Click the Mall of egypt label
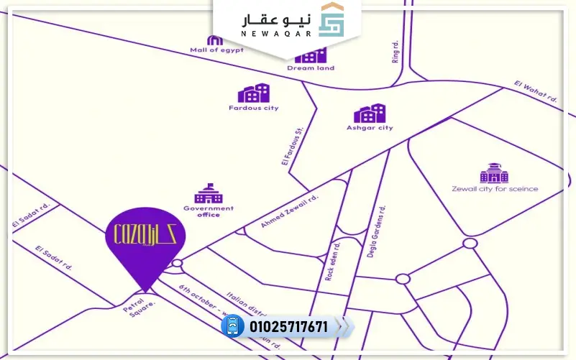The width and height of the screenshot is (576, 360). click(216, 50)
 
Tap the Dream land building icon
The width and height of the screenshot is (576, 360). click(311, 55)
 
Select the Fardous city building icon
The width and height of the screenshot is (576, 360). click(254, 93)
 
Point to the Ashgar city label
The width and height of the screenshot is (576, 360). click(370, 128)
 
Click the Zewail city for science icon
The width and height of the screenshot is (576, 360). click(494, 173)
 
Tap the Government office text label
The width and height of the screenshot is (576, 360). click(208, 211)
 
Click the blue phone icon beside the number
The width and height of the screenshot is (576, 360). click(232, 327)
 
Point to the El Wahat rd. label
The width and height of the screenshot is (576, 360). click(535, 91)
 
